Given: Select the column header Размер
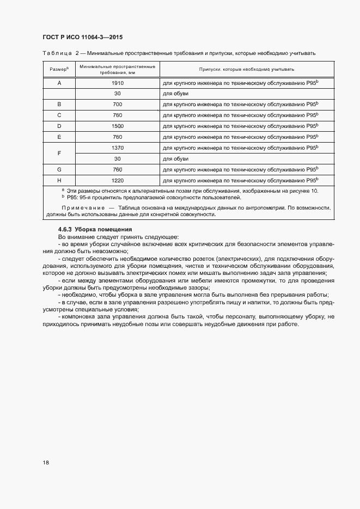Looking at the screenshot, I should tap(59, 69).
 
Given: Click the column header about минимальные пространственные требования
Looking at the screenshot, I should tap(117, 69).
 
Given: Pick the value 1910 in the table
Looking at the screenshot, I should tap(117, 83).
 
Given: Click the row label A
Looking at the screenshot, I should tap(59, 83).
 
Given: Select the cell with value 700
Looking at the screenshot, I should tap(117, 104).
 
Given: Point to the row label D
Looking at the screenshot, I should tap(59, 126).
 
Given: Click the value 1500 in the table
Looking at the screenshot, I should tap(117, 126).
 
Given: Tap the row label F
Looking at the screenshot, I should tap(59, 153).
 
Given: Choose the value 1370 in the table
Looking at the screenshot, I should tap(117, 148).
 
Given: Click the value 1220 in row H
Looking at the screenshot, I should tap(117, 180).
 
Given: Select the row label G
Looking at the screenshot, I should tap(59, 169).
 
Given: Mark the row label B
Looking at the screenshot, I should tap(59, 104).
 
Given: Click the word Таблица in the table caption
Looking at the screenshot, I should tap(57, 53).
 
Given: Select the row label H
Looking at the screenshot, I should tap(59, 180).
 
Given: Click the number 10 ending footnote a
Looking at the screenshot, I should tap(315, 191).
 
